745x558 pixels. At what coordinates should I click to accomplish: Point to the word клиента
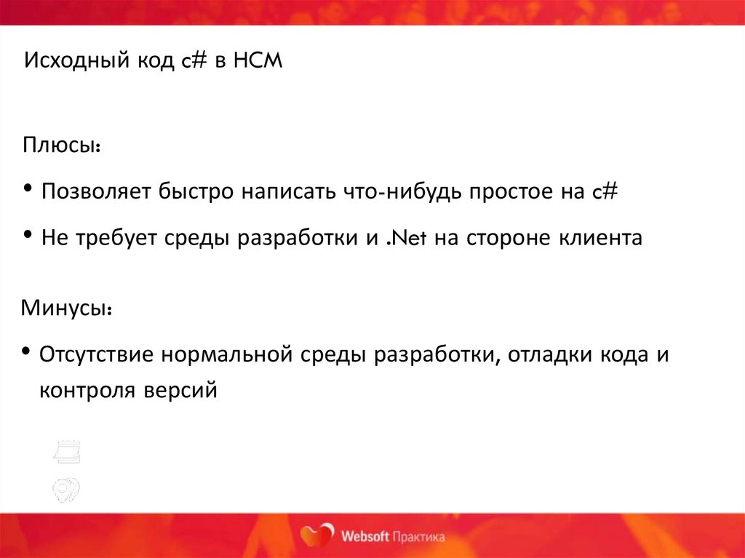coord(596,238)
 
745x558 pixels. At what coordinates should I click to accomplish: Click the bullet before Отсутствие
coord(26,352)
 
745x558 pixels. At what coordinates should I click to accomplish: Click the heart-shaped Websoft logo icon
coord(317,535)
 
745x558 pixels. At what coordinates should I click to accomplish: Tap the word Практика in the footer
coord(419,537)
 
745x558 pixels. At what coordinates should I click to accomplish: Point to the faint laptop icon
coord(67,453)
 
